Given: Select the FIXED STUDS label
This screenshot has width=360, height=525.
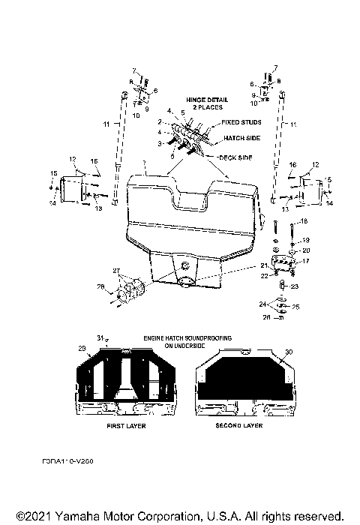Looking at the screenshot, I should pos(239,121).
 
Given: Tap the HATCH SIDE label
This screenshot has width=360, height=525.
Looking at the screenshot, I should pos(241,139).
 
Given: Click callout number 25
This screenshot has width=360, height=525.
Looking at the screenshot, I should pos(295,307).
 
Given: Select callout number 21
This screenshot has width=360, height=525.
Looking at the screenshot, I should pos(263,266).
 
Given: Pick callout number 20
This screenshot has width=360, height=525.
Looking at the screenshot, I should pos(305,250).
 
